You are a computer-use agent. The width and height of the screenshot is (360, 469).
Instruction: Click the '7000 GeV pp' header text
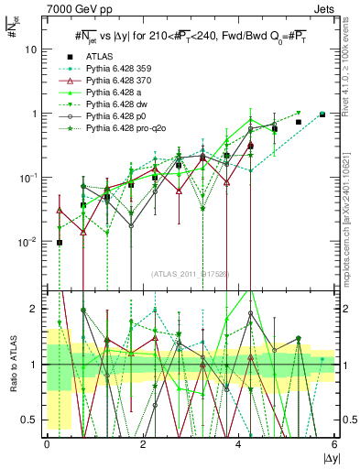click(x=72, y=7)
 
